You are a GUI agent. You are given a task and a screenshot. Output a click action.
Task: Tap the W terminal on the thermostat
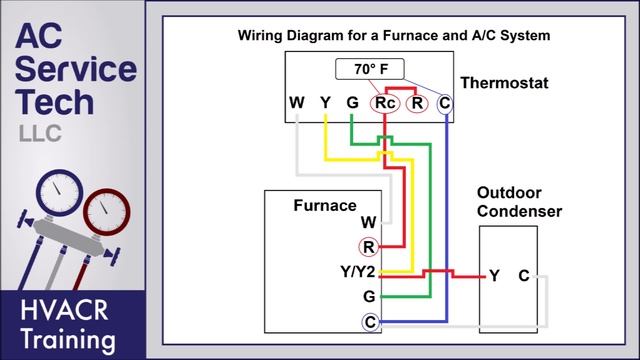coord(297,103)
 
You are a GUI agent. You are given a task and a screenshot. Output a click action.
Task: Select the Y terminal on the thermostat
coord(325,103)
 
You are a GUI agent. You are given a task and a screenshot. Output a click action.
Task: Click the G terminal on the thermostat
coord(352,103)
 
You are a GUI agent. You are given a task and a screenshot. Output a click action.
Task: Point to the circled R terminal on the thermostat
coord(417,103)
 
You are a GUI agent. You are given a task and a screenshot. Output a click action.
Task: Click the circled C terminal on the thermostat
coord(445,103)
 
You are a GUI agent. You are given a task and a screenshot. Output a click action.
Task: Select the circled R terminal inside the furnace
coord(370,246)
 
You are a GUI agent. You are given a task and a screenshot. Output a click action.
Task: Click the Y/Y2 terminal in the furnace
coord(359,272)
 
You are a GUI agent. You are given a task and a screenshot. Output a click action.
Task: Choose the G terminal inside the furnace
coord(370,297)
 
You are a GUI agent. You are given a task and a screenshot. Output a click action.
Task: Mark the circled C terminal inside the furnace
coord(370,321)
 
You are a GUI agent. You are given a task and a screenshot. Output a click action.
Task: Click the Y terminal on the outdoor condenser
coord(494,275)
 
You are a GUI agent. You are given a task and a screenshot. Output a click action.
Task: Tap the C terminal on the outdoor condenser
coord(523,275)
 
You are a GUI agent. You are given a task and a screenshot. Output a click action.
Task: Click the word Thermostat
coord(504,84)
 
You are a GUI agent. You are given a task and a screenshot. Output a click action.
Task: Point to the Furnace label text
coord(324,205)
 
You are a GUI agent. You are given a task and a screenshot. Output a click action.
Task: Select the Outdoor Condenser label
coord(518,201)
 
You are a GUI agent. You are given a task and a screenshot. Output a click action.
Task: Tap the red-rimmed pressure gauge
coord(107,210)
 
